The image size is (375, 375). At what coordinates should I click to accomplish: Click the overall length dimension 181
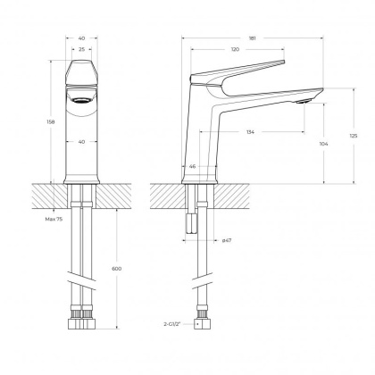[x=252, y=38]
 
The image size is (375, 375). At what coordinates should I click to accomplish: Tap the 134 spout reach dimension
[x=251, y=132]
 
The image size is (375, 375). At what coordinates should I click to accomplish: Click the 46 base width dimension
[x=193, y=167]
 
